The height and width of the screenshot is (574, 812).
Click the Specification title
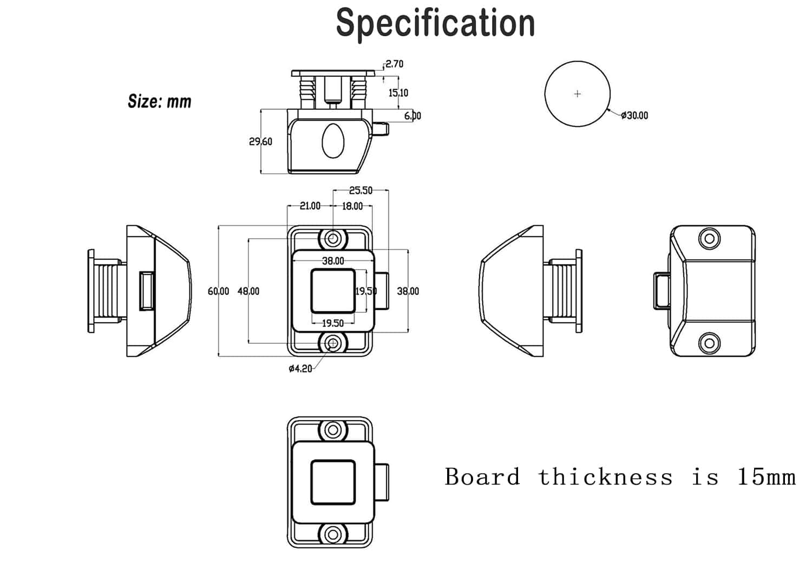click(x=435, y=23)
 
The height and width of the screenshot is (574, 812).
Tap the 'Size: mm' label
click(x=159, y=101)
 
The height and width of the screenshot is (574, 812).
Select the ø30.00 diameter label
click(x=634, y=115)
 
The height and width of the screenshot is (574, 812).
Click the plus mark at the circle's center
click(x=578, y=94)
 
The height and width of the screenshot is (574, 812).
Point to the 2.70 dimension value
click(x=395, y=64)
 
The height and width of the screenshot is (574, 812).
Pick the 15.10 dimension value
click(x=398, y=93)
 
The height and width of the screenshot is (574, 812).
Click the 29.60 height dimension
click(x=260, y=141)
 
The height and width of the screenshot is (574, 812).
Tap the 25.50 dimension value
click(x=361, y=190)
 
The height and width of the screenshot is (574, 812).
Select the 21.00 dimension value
click(x=310, y=206)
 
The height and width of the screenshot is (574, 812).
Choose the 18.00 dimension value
click(x=352, y=206)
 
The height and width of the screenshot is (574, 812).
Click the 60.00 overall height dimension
click(x=218, y=291)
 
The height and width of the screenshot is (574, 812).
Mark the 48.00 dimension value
click(x=248, y=291)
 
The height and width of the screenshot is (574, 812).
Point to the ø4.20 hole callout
click(x=300, y=369)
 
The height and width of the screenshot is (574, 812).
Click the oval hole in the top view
click(x=333, y=141)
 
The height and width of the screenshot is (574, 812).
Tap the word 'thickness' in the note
click(x=605, y=477)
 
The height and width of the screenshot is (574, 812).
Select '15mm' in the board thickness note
click(x=766, y=477)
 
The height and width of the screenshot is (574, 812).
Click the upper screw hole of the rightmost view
click(x=709, y=238)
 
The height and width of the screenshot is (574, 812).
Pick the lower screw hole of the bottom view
click(x=333, y=535)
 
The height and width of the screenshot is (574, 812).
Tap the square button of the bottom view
click(x=333, y=482)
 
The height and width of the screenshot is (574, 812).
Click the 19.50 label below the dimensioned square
click(x=332, y=323)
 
